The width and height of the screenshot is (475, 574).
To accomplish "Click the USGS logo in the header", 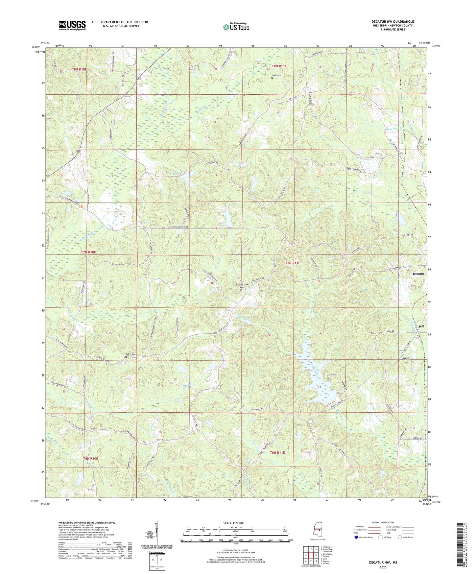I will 72,25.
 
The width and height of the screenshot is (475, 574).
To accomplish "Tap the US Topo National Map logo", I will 236,27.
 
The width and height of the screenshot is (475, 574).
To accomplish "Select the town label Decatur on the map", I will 418,274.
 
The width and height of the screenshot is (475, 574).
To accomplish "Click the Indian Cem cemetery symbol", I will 272,79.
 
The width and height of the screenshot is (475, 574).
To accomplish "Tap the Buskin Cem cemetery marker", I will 126,357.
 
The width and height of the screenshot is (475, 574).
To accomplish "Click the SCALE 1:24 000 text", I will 236,523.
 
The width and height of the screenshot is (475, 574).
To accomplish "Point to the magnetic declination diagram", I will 157,533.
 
